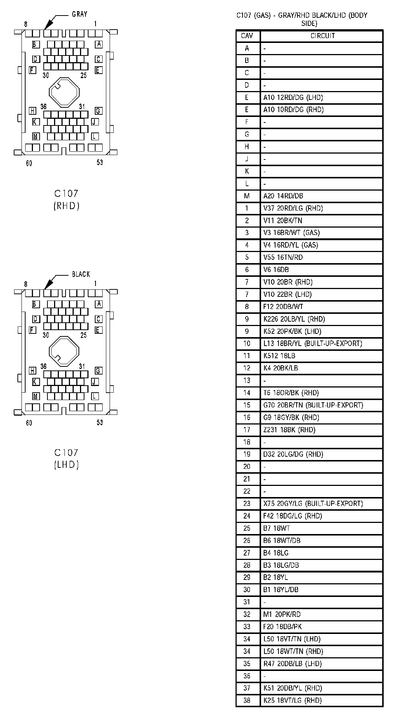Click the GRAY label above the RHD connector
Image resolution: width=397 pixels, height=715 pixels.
click(79, 14)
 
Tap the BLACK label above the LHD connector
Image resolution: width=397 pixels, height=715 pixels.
click(81, 274)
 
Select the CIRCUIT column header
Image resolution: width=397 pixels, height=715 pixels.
click(322, 36)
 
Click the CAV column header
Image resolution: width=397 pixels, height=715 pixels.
click(247, 36)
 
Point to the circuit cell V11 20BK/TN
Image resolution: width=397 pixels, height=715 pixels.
click(283, 221)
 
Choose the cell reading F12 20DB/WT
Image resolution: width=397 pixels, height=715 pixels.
click(283, 306)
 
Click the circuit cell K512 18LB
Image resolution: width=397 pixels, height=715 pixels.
click(279, 356)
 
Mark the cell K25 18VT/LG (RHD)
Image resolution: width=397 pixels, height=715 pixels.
click(292, 700)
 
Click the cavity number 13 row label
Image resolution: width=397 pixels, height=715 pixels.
click(247, 380)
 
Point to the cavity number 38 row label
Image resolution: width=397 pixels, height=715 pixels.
click(247, 700)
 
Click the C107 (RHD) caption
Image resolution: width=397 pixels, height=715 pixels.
click(66, 199)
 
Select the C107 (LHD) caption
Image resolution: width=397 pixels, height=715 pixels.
click(66, 459)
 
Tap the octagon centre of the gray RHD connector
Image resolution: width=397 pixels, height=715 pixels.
click(64, 91)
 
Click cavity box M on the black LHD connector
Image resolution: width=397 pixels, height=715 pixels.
click(36, 396)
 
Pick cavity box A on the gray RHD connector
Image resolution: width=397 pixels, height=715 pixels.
click(99, 44)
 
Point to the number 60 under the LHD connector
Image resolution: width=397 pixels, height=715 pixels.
click(29, 423)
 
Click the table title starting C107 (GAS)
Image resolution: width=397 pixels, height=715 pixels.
click(301, 19)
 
